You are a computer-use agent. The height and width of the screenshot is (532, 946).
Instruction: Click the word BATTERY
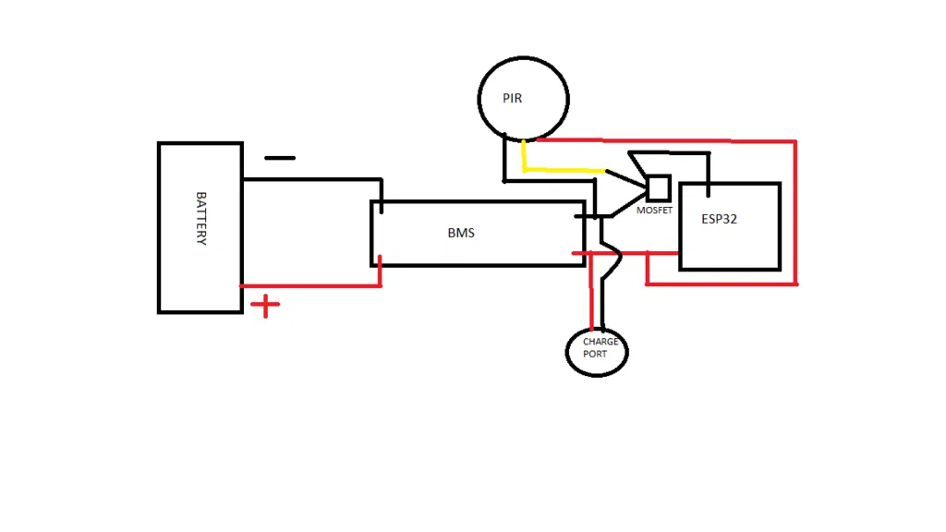coord(200,218)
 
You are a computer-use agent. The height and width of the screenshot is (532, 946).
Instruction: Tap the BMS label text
coord(461,233)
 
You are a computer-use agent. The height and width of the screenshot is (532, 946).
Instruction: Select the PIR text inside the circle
coord(513,98)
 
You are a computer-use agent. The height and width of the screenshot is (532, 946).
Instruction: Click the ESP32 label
coord(719,220)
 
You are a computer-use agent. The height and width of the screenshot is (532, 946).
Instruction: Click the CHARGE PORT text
coord(600,348)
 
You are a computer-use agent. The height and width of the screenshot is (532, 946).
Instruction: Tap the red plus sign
coord(265,306)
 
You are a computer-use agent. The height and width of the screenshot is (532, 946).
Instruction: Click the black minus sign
coord(280,158)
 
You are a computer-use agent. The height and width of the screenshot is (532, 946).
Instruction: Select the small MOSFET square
coord(658,187)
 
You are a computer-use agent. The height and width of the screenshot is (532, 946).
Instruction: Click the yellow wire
coord(564,170)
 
